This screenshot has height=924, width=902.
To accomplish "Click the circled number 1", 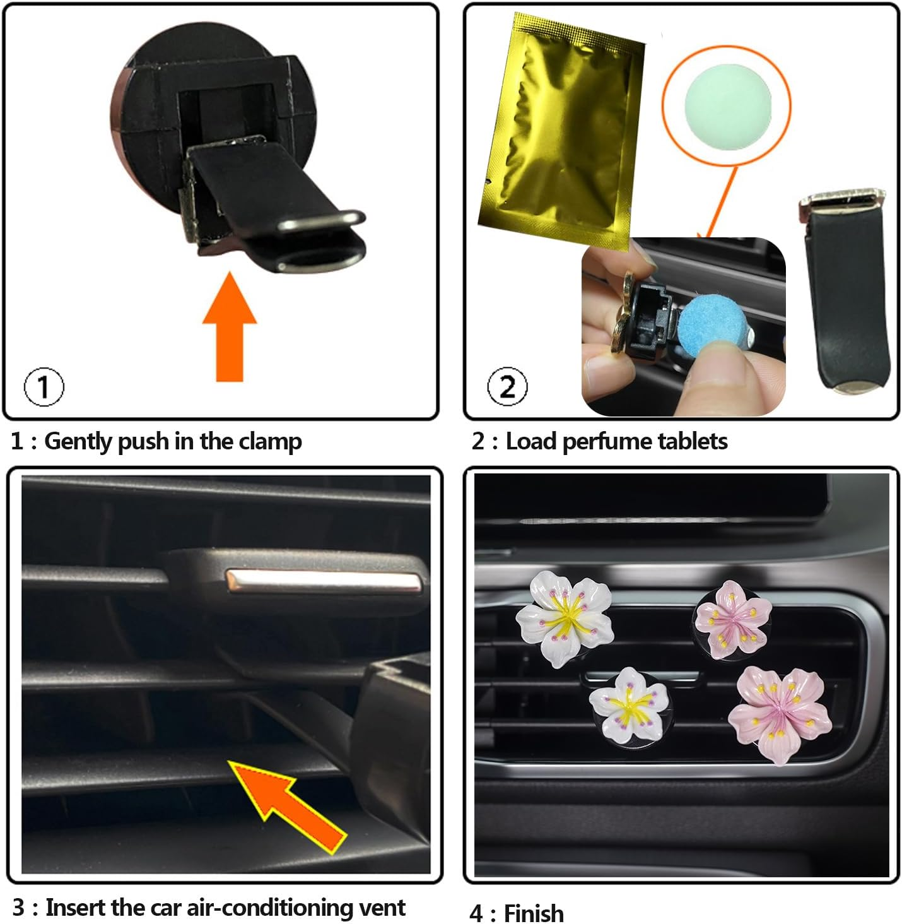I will tap(44, 386).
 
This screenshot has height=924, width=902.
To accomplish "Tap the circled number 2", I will tap(508, 386).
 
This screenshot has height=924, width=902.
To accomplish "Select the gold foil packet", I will tap(558, 129).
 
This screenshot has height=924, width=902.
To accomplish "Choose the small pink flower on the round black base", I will tap(734, 617).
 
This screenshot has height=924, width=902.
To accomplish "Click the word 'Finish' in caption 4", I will tap(534, 913).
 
